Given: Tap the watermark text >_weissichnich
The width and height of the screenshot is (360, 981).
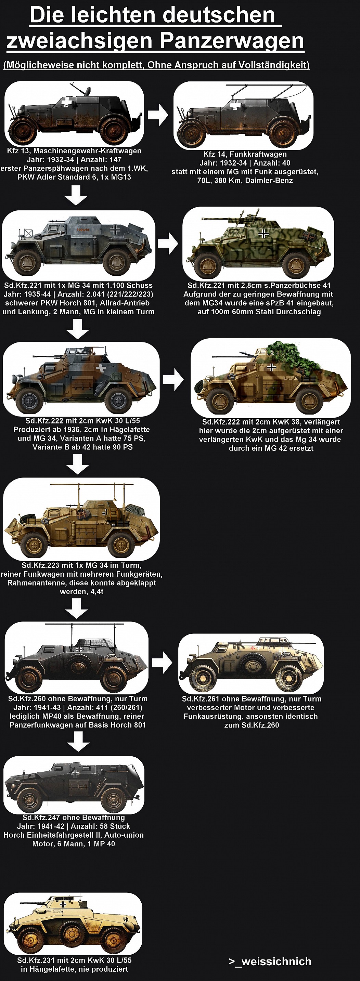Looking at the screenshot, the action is (270, 961).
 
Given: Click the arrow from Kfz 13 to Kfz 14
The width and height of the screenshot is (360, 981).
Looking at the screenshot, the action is (158, 114).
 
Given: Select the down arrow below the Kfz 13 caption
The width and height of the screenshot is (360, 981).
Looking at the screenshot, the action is (76, 195).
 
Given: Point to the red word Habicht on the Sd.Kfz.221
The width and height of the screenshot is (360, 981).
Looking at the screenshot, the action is (83, 230).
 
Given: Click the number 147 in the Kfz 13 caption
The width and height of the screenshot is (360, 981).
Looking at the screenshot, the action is (115, 159).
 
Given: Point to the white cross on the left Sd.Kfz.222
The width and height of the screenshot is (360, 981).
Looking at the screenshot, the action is (101, 368).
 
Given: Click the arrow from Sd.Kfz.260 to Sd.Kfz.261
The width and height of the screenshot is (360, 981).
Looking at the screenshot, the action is (162, 662).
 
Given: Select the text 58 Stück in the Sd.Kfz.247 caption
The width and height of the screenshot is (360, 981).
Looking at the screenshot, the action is (115, 826).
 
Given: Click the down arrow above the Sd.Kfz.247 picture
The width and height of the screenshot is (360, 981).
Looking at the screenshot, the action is (78, 741).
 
